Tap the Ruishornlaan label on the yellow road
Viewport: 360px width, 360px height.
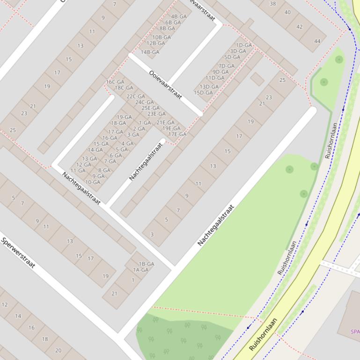click(263, 335)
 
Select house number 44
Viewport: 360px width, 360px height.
click(317, 41)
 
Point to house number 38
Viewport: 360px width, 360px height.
click(273, 4)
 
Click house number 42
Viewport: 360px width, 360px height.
click(300, 27)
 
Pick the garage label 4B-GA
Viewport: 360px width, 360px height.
click(179, 16)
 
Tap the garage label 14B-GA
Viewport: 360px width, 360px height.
click(150, 52)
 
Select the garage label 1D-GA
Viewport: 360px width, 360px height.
click(244, 45)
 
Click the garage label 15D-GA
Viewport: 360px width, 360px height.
click(203, 93)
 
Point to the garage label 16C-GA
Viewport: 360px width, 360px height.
click(115, 82)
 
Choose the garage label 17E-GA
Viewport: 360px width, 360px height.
click(177, 134)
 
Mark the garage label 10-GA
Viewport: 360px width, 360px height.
click(93, 182)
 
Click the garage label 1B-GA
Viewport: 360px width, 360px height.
click(147, 264)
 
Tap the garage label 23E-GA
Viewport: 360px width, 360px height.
click(156, 114)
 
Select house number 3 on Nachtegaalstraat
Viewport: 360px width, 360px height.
click(152, 235)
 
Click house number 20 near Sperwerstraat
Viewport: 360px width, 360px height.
click(58, 350)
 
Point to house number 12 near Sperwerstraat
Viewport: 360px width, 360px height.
click(5, 305)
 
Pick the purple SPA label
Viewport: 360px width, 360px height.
click(355, 332)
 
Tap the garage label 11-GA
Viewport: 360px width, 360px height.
click(78, 171)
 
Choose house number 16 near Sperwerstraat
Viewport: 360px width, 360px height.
click(31, 328)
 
